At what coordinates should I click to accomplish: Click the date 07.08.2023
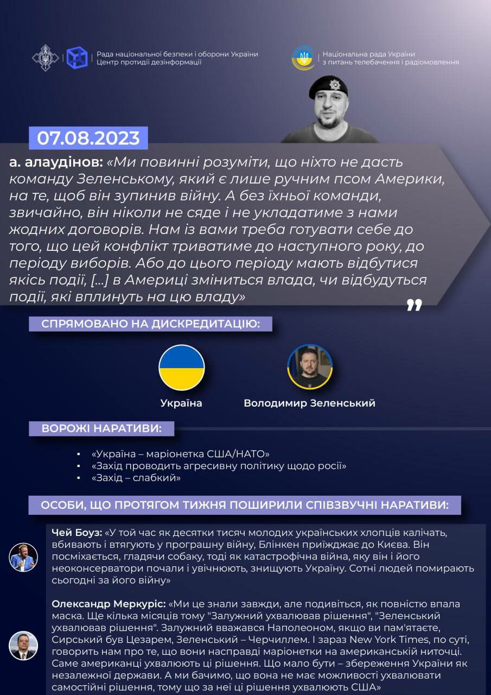click(88, 138)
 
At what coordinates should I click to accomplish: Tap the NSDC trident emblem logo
click(46, 58)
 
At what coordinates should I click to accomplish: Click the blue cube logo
click(77, 58)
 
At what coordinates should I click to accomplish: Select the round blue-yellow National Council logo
click(303, 58)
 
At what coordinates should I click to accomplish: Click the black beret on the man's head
click(328, 87)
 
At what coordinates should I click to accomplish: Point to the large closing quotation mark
click(414, 305)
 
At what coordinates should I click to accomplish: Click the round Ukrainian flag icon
click(182, 368)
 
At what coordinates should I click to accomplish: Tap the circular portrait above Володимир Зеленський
click(310, 367)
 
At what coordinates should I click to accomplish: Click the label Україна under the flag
click(181, 403)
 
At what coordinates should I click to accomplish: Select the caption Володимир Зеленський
click(309, 403)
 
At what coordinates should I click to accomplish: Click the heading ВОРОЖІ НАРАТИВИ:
click(101, 428)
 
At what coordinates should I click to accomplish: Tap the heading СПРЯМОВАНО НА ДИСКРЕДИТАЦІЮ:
click(151, 324)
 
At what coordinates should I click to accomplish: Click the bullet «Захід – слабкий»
click(136, 478)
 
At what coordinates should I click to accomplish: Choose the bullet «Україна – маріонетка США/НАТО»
click(181, 454)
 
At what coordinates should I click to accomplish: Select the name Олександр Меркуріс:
click(109, 604)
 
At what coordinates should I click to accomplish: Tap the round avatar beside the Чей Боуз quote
click(23, 557)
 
